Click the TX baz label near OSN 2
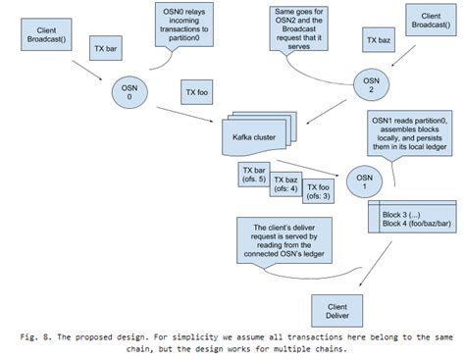pos(377,43)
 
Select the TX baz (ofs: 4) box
pos(286,184)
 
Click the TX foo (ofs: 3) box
pos(318,191)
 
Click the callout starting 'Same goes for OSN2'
pos(303,28)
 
